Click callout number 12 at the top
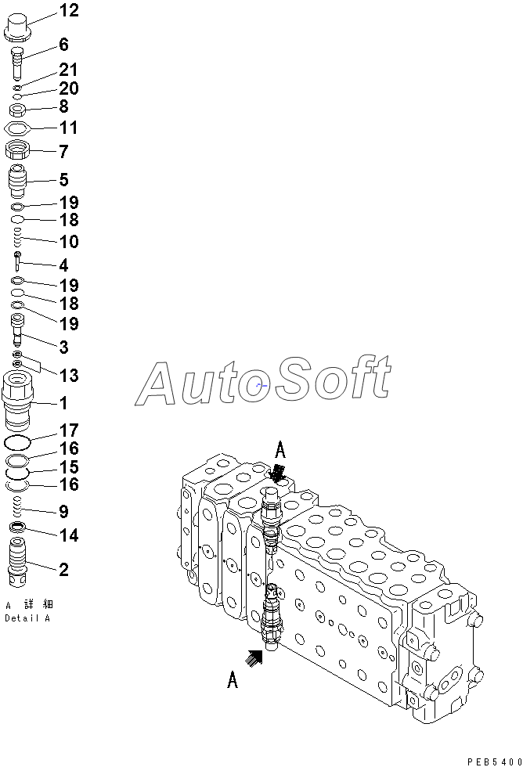click(69, 11)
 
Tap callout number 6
click(63, 45)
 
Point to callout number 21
click(69, 71)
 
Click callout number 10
click(69, 242)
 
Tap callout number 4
click(63, 265)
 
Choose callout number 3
click(63, 347)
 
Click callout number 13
click(69, 376)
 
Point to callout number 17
click(69, 430)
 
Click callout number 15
click(69, 467)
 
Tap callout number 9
click(63, 512)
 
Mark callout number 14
click(69, 536)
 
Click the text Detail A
click(27, 618)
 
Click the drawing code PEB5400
click(493, 761)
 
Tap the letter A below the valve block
click(233, 681)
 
